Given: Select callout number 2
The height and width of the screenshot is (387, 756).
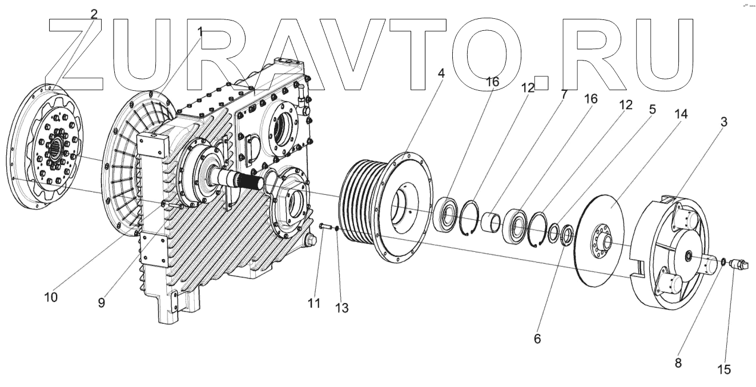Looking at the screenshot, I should tap(94, 14).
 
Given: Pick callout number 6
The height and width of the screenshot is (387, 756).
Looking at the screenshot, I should tap(537, 338).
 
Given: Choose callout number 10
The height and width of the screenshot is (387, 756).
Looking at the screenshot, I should tap(52, 297).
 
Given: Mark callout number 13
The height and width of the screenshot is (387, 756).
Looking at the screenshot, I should tap(341, 308).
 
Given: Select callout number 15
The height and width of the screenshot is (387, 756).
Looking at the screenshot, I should tap(724, 369).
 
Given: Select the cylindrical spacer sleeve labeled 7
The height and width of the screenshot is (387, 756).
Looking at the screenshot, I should tap(491, 221).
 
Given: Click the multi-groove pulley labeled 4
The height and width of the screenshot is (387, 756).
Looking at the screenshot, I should tap(365, 205).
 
